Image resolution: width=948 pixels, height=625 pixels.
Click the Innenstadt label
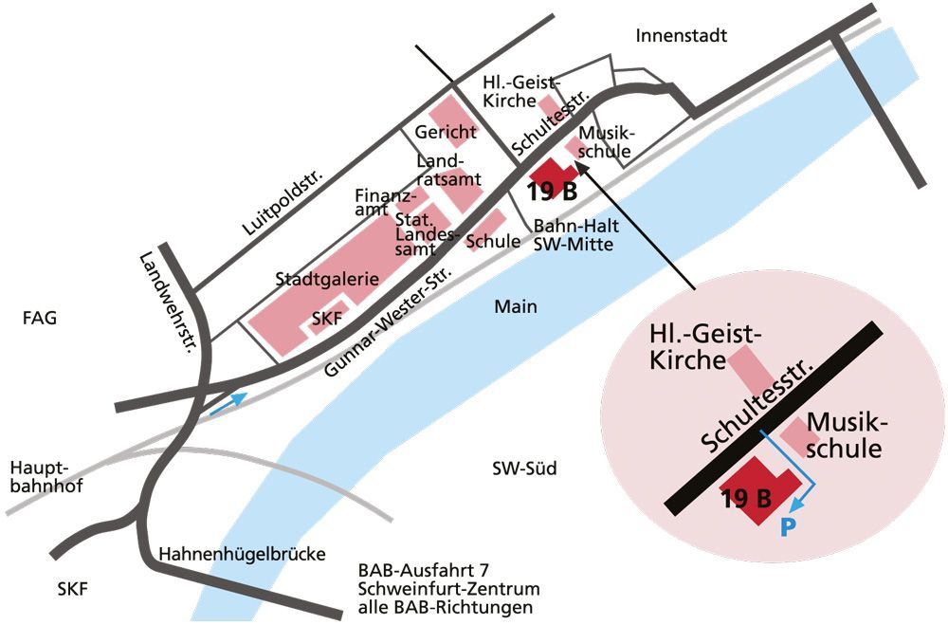(x=682, y=36)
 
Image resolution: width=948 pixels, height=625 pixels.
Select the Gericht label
(x=445, y=132)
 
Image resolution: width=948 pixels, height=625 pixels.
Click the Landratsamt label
(x=448, y=170)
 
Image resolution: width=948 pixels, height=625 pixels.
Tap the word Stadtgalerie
(x=327, y=280)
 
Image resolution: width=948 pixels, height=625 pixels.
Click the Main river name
(x=516, y=306)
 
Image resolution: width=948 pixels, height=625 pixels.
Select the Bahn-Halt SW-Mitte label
(x=574, y=235)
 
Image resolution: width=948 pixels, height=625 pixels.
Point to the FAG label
(x=40, y=319)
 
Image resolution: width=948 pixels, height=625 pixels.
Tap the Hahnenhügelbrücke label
(x=243, y=554)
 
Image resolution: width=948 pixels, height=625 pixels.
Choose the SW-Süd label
(x=524, y=469)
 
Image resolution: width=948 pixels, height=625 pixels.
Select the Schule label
(x=493, y=241)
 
